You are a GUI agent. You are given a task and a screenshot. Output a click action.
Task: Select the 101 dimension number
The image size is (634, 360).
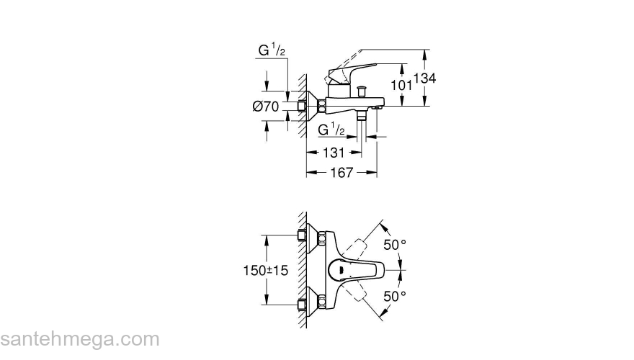point(401,85)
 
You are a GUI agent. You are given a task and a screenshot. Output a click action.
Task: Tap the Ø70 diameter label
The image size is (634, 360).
point(266,107)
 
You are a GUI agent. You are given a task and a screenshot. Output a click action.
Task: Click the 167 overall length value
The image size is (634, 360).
point(341,173)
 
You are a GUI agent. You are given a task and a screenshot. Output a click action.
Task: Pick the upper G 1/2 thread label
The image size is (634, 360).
point(272,50)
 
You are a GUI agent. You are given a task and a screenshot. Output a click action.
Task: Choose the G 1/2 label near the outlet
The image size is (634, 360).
point(332,130)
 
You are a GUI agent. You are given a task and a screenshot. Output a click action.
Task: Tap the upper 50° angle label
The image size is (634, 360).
point(395,246)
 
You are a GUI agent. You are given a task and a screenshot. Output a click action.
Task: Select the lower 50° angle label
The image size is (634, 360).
point(395,296)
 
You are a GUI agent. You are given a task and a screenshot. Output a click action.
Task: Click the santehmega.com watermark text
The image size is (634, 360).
point(79,338)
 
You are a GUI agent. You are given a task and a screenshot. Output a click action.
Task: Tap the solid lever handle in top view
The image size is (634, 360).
point(354,271)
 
